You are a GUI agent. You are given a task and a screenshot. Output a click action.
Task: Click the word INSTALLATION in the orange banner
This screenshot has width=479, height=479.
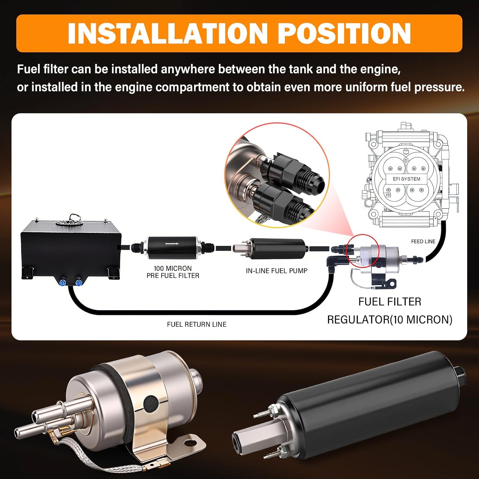point(167,33)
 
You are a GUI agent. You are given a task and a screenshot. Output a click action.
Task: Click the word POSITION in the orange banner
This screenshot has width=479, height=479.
point(344,33)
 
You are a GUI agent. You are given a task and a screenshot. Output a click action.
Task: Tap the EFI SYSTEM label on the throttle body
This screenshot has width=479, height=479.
point(407,179)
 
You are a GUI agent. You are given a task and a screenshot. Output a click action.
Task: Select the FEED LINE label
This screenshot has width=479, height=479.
point(423,241)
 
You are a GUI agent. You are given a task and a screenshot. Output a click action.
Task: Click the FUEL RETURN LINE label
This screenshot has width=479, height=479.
point(197,324)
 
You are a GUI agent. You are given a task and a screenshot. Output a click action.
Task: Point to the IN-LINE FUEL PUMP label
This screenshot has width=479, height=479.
point(277,271)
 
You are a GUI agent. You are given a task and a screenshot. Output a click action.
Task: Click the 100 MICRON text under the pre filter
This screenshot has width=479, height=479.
point(173,268)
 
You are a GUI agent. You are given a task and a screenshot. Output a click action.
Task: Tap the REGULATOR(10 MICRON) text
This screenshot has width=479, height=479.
point(390,320)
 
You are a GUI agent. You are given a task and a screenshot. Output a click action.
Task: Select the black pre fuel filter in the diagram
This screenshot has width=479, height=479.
point(173,247)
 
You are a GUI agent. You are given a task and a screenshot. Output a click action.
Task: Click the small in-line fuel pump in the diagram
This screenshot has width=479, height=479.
point(271,247)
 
